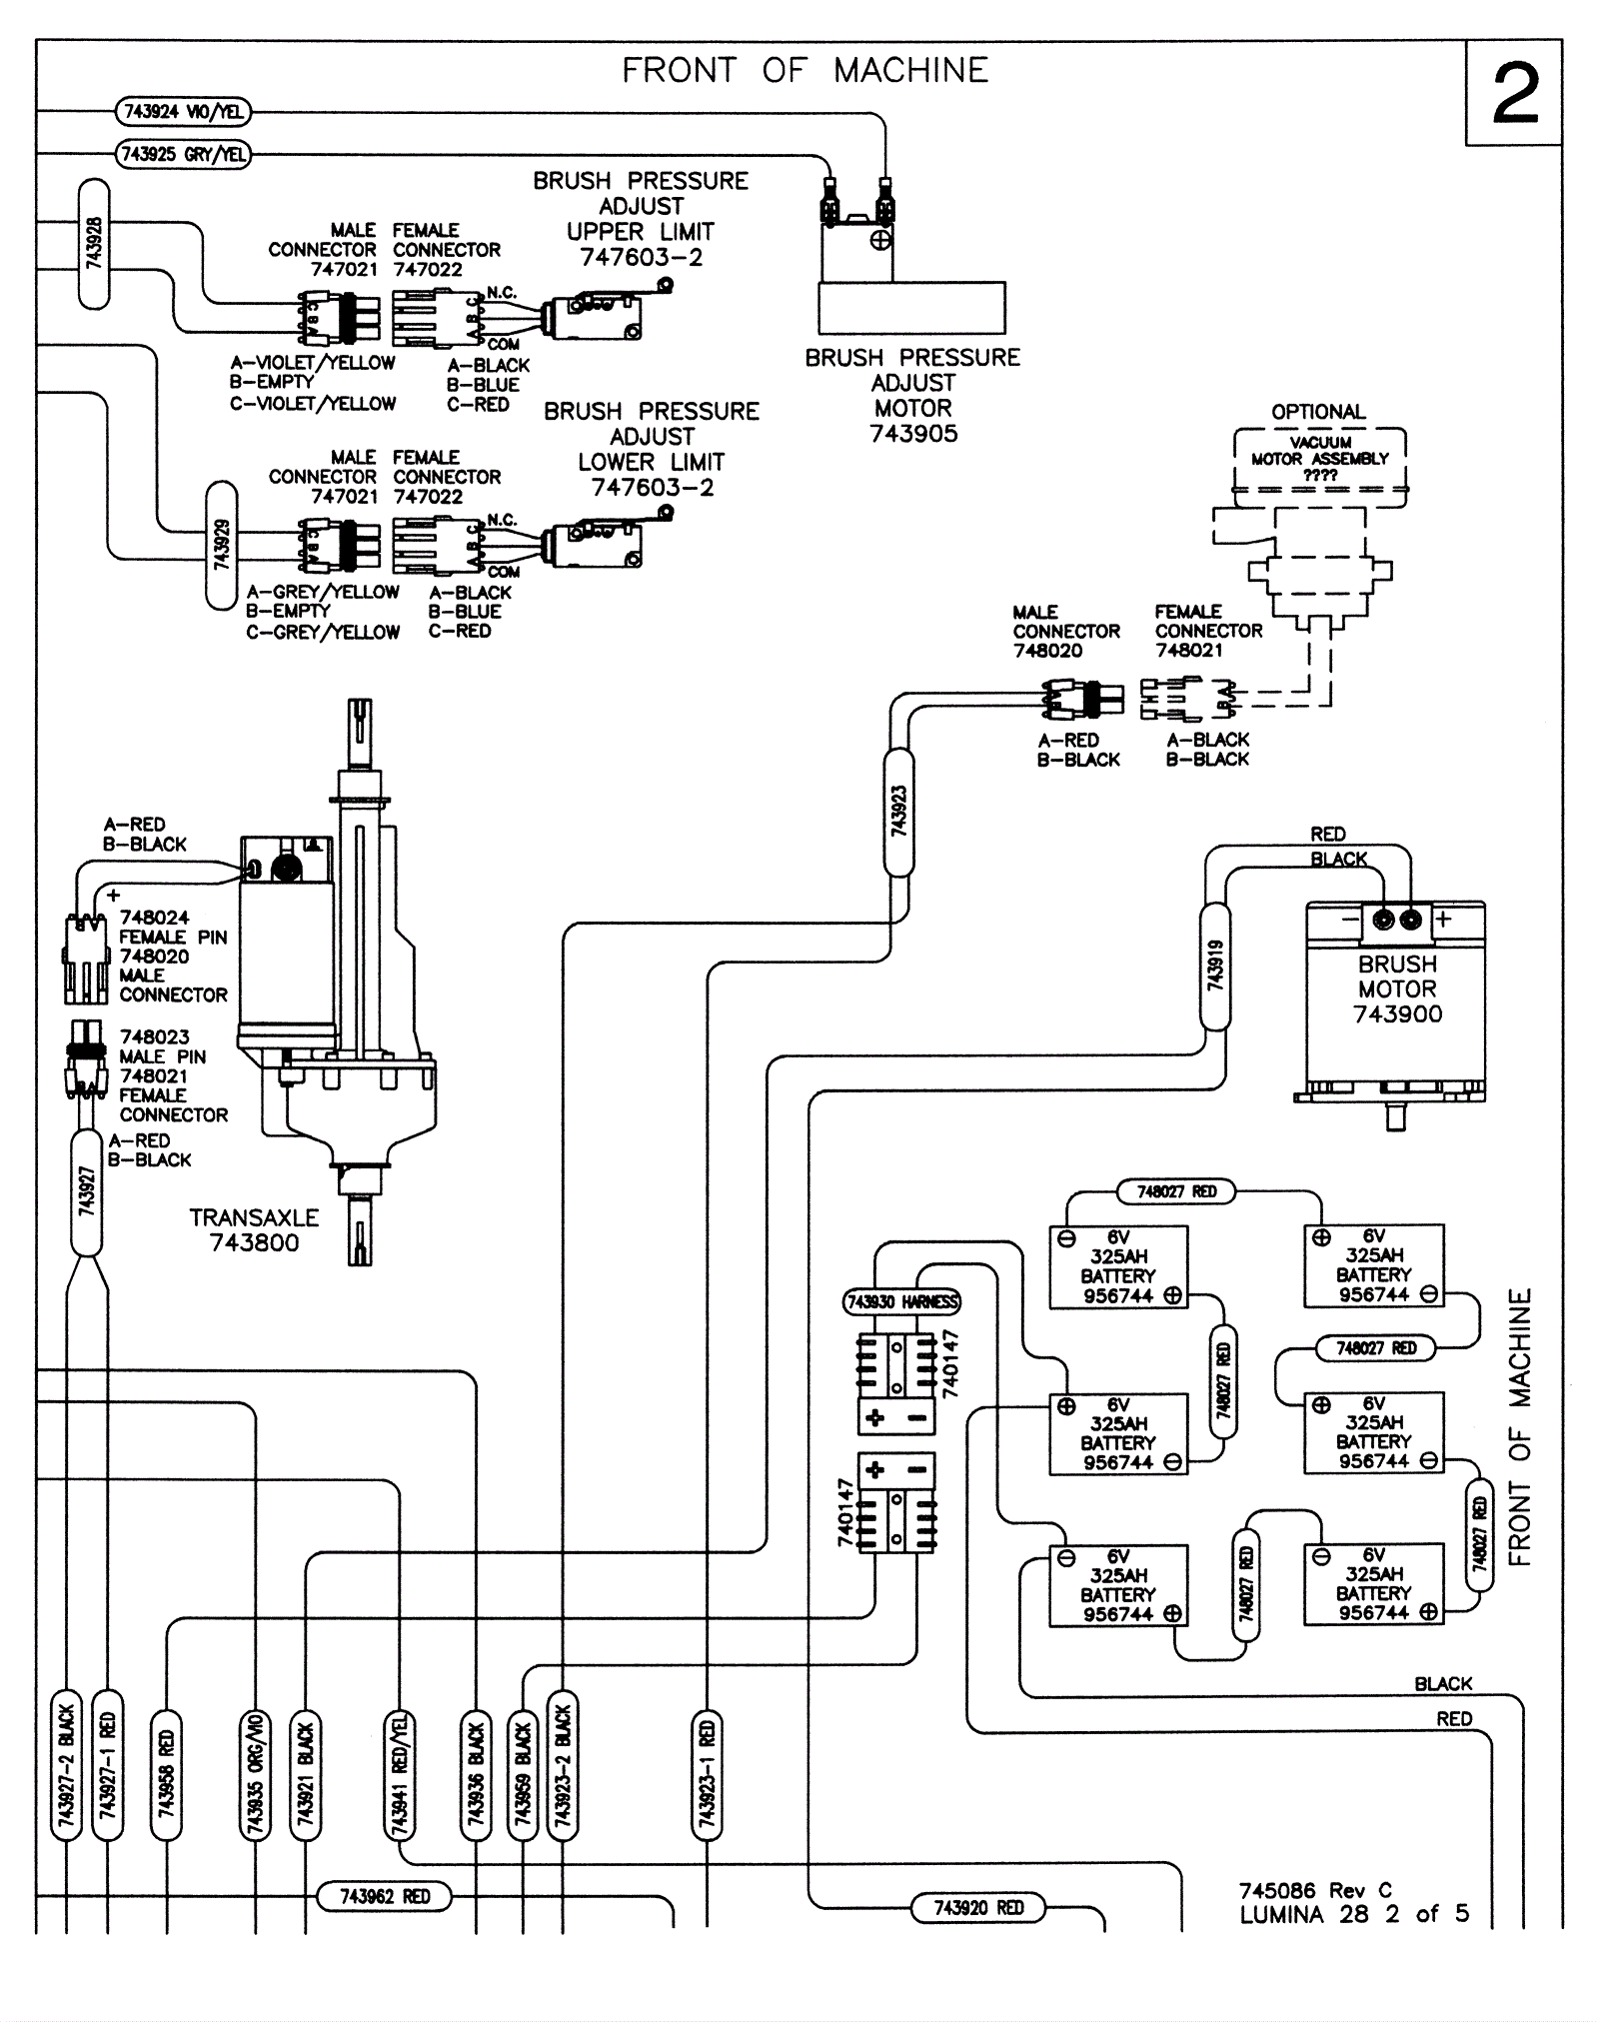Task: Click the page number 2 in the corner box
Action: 1515,94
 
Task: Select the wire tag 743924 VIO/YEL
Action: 183,111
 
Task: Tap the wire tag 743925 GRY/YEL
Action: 183,155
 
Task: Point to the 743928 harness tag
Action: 93,244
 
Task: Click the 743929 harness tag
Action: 222,545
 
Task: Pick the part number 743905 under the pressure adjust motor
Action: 912,434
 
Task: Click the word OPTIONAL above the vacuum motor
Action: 1317,412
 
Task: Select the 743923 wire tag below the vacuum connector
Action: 898,812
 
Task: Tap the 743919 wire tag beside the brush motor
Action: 1214,965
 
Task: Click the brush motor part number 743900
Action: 1397,1013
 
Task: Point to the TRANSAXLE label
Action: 254,1217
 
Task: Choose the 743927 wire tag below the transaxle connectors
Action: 87,1191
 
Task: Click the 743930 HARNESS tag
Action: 902,1301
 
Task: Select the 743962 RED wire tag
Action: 385,1896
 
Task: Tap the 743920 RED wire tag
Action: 978,1908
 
